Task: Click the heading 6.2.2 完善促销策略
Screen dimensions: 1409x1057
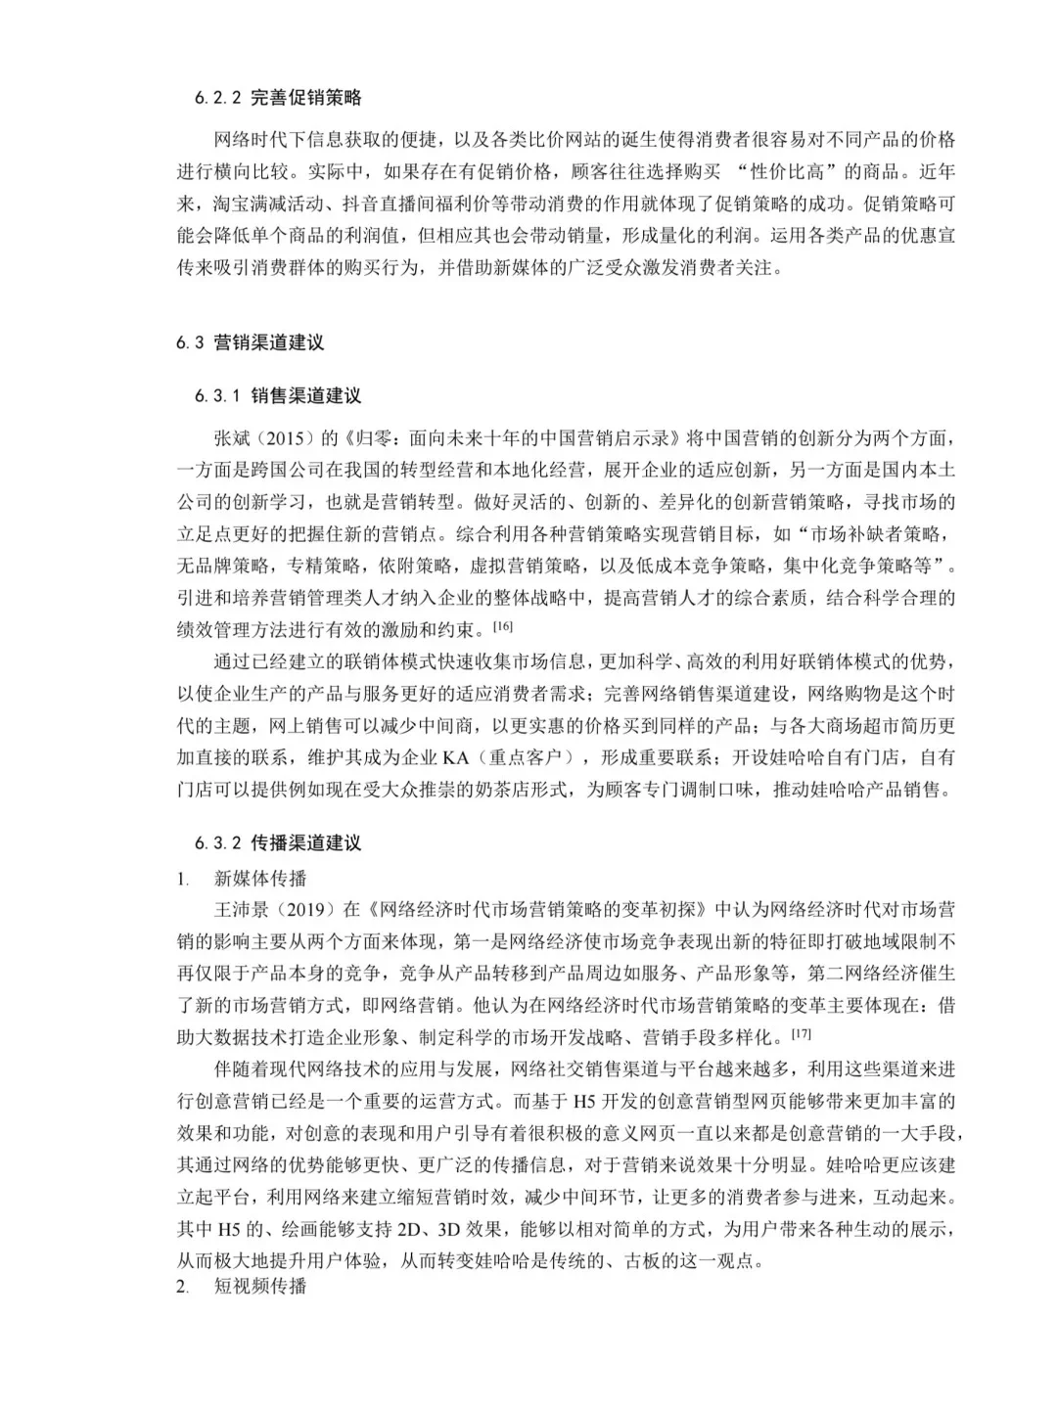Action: pyautogui.click(x=278, y=98)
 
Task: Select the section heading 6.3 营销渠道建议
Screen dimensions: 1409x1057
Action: pyautogui.click(x=250, y=342)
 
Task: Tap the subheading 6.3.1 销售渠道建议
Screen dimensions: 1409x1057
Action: pyautogui.click(x=278, y=396)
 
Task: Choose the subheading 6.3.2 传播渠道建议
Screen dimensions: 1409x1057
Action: pyautogui.click(x=278, y=842)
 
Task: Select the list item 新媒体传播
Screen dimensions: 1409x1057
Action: pyautogui.click(x=260, y=878)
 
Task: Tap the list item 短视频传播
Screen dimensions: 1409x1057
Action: pyautogui.click(x=260, y=1286)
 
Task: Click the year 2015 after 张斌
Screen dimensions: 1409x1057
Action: pyautogui.click(x=284, y=437)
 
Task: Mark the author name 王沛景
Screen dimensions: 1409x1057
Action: pyautogui.click(x=243, y=910)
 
